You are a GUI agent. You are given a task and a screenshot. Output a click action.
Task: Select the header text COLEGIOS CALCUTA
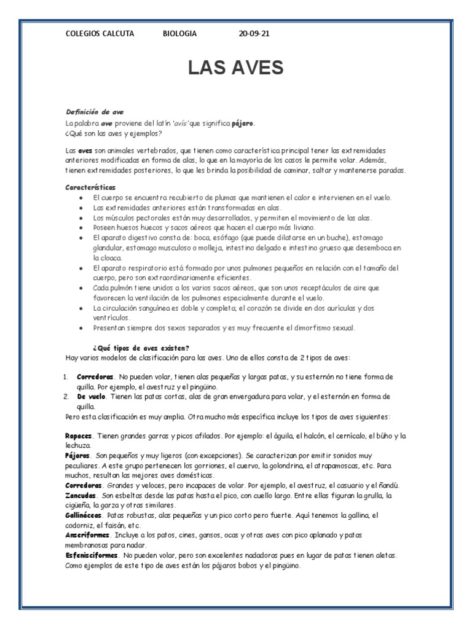coord(100,34)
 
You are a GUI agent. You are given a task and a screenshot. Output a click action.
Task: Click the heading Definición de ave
coord(95,112)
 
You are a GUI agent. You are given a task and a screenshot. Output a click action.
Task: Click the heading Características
coord(90,187)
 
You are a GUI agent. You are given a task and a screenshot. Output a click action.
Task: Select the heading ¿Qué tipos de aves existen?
coord(141,348)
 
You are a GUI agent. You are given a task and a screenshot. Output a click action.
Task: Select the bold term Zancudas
coord(81,495)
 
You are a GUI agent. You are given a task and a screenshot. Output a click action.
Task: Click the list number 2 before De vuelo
coord(67,397)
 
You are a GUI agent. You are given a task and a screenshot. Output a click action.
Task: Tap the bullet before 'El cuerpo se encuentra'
coord(82,197)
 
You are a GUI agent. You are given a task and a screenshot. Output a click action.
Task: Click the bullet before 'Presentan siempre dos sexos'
coord(82,327)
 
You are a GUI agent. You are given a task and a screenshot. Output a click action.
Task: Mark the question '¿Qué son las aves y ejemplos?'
coord(114,133)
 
